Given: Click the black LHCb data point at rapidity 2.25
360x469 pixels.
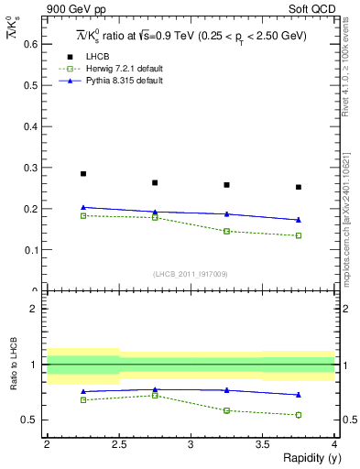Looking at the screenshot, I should point(83,173).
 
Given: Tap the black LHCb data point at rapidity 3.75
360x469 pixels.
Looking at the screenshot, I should point(299,187).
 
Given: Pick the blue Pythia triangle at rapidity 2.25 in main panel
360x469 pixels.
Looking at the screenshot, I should point(83,207).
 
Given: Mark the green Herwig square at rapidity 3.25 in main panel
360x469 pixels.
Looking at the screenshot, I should point(227,231).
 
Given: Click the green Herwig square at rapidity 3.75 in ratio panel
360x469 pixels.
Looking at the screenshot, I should point(299,415).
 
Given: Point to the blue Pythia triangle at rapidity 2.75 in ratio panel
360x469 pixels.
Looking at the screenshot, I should point(155,389).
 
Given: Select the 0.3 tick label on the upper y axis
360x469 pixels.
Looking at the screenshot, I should point(30,167).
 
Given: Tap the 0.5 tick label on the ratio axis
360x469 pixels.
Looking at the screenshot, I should point(30,420).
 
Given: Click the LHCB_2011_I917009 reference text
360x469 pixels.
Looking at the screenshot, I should point(190,274).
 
